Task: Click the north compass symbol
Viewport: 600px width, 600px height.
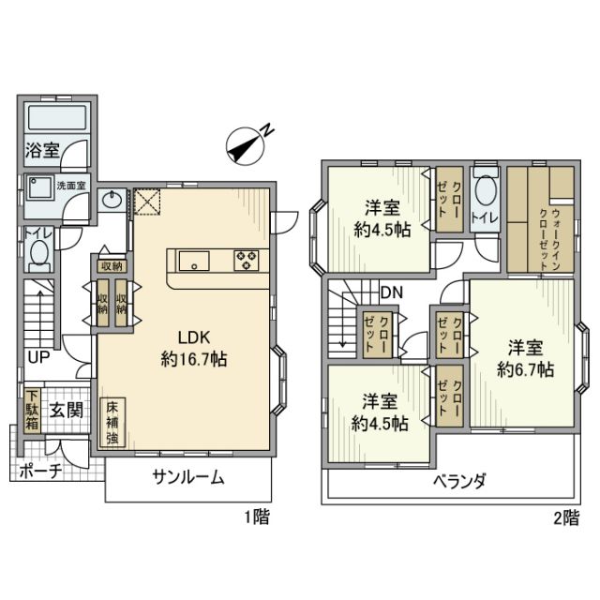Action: coord(247,143)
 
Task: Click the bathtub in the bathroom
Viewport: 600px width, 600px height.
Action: coord(56,118)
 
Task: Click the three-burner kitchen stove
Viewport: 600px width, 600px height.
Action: coord(249,259)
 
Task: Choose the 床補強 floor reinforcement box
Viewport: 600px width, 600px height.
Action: coord(112,424)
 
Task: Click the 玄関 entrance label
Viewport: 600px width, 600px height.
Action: coord(67,410)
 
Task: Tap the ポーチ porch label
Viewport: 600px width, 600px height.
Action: coord(40,472)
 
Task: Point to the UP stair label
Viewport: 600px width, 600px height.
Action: coord(38,357)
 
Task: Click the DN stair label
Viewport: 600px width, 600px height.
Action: coord(391,292)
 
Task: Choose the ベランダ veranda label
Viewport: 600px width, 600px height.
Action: coord(458,482)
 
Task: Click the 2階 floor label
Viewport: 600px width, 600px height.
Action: coord(564,517)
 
